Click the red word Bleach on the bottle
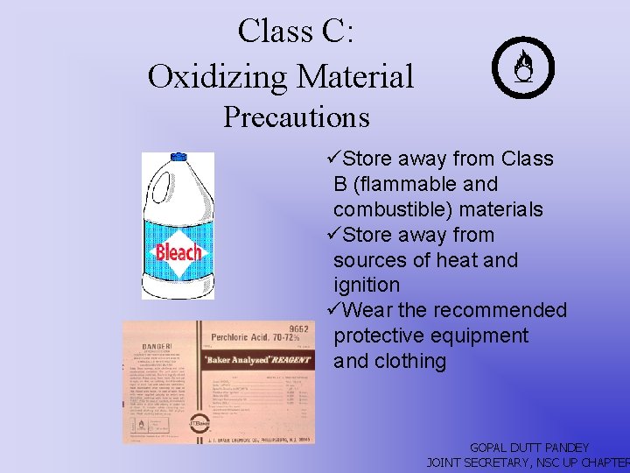[178, 253]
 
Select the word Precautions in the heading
[296, 116]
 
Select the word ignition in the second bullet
[367, 286]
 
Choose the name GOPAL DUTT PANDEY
[529, 448]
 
